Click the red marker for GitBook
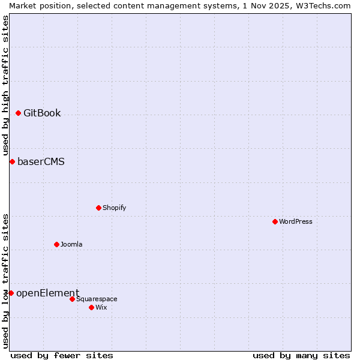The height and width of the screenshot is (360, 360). [18, 113]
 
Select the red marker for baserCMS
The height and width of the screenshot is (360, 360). [12, 161]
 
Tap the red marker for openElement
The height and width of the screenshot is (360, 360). [11, 293]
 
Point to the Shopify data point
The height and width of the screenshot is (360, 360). [98, 208]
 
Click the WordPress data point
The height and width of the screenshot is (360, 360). [275, 221]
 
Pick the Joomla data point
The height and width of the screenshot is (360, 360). [56, 244]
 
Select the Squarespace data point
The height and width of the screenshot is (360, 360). [72, 299]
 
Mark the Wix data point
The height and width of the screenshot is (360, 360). [91, 307]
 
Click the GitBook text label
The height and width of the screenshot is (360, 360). [42, 113]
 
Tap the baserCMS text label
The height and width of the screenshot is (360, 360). [41, 161]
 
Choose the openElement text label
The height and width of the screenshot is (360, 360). [47, 293]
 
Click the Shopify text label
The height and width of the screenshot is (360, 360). [114, 208]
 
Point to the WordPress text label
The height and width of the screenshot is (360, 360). [296, 221]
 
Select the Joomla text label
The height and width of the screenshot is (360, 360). [71, 244]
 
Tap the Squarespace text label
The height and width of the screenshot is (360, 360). [97, 299]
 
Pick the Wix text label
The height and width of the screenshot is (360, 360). [101, 307]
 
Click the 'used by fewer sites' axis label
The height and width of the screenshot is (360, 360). [62, 355]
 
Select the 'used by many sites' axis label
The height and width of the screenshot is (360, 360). [301, 355]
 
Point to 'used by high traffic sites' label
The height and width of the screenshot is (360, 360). [5, 85]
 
